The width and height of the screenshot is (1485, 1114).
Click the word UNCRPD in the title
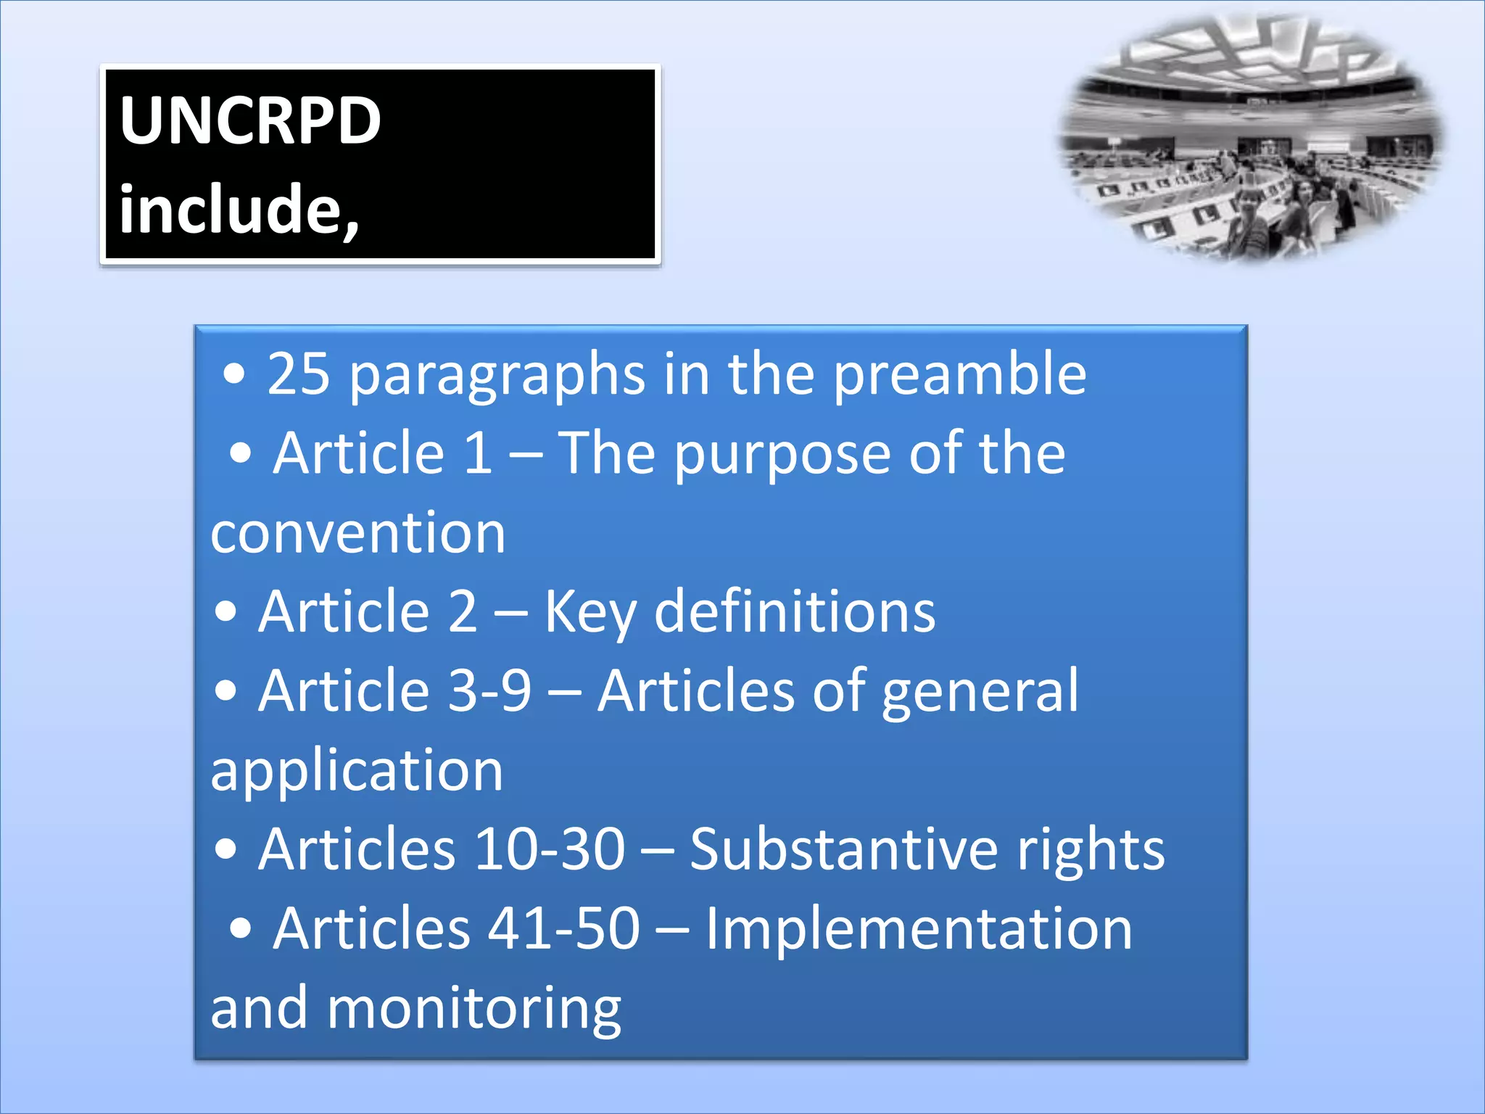(x=250, y=120)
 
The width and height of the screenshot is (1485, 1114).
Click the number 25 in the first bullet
(x=299, y=374)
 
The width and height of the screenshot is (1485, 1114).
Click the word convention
(x=357, y=533)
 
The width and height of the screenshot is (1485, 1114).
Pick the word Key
(x=590, y=614)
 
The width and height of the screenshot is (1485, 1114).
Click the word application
(x=357, y=772)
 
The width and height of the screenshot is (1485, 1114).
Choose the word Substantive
(x=844, y=849)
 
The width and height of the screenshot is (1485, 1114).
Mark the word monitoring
(x=474, y=1010)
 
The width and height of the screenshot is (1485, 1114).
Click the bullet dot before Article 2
(x=226, y=611)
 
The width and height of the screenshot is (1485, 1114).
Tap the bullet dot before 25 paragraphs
(x=234, y=374)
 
